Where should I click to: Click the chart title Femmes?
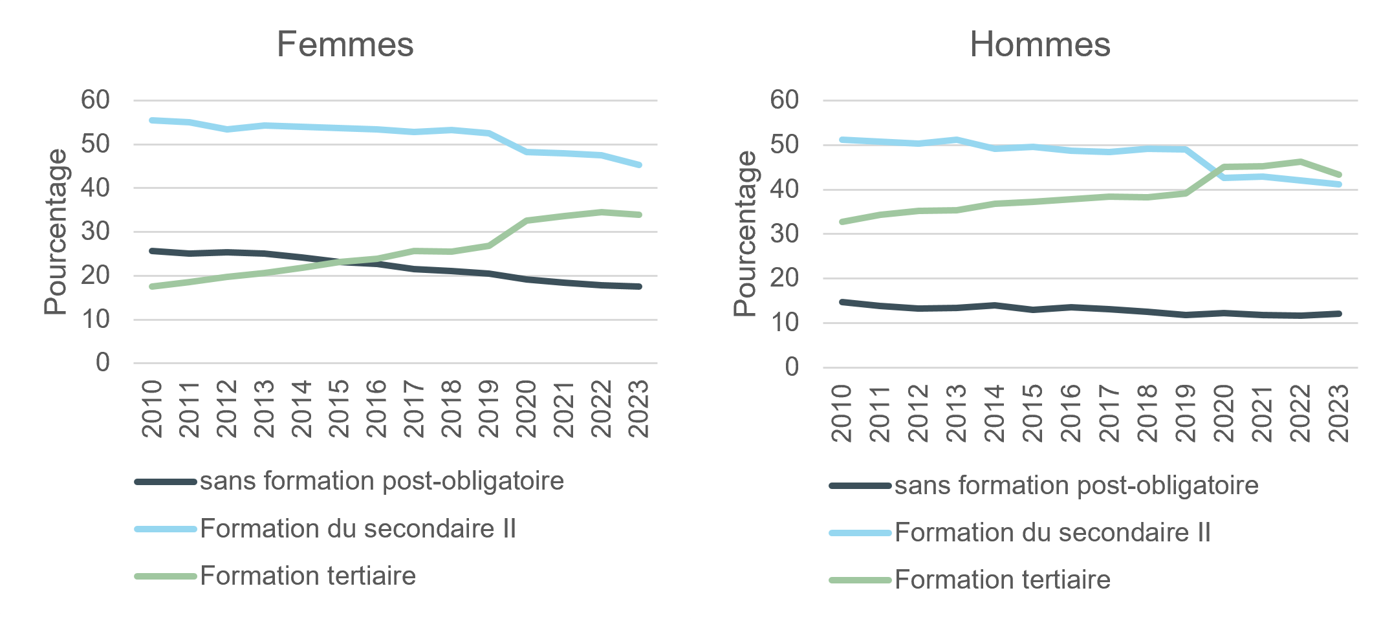pyautogui.click(x=345, y=45)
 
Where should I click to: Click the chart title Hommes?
pyautogui.click(x=1039, y=45)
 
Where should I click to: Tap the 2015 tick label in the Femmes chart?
pyautogui.click(x=339, y=409)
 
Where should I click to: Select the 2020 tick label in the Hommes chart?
pyautogui.click(x=1224, y=413)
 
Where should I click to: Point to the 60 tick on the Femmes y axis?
pyautogui.click(x=95, y=100)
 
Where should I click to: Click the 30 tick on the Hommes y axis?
pyautogui.click(x=784, y=233)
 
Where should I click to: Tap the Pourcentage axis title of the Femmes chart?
pyautogui.click(x=56, y=232)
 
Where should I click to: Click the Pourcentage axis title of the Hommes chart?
pyautogui.click(x=745, y=233)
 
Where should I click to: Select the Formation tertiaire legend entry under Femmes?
pyautogui.click(x=307, y=576)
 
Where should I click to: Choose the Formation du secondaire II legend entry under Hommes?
pyautogui.click(x=1052, y=532)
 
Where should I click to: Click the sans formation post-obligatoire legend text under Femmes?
pyautogui.click(x=382, y=481)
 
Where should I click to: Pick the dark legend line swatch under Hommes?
pyautogui.click(x=860, y=485)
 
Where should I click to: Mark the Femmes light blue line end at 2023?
pyautogui.click(x=639, y=165)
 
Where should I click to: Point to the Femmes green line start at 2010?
pyautogui.click(x=152, y=286)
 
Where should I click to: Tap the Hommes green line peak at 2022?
pyautogui.click(x=1300, y=162)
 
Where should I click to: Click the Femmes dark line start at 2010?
pyautogui.click(x=152, y=251)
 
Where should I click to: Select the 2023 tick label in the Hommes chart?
pyautogui.click(x=1338, y=413)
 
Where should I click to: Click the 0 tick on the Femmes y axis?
pyautogui.click(x=102, y=362)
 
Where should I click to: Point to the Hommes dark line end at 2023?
pyautogui.click(x=1338, y=314)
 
